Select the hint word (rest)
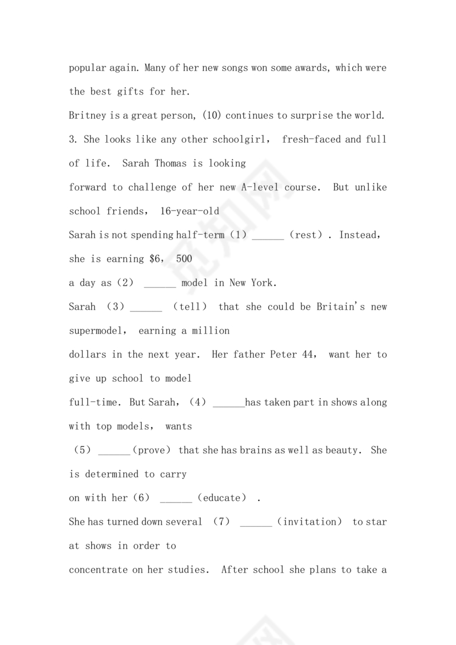[306, 235]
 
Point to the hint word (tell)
[190, 307]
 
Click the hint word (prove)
[153, 450]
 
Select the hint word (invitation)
[309, 521]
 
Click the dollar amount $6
[155, 259]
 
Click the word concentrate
[98, 570]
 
